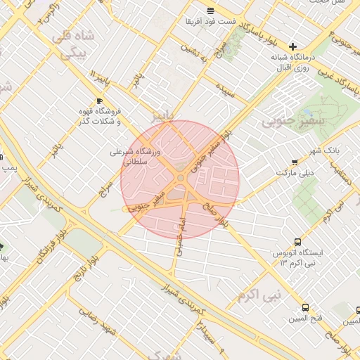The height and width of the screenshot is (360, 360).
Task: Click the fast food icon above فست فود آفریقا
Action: (211, 10)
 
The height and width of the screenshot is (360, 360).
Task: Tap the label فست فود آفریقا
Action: (210, 21)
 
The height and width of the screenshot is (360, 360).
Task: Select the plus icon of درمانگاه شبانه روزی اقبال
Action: (292, 46)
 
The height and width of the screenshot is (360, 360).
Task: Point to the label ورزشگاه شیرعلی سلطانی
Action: (136, 156)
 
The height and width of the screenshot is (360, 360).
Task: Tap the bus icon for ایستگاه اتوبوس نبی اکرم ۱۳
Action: (297, 240)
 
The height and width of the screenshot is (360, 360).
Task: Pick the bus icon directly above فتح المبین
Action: (305, 308)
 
